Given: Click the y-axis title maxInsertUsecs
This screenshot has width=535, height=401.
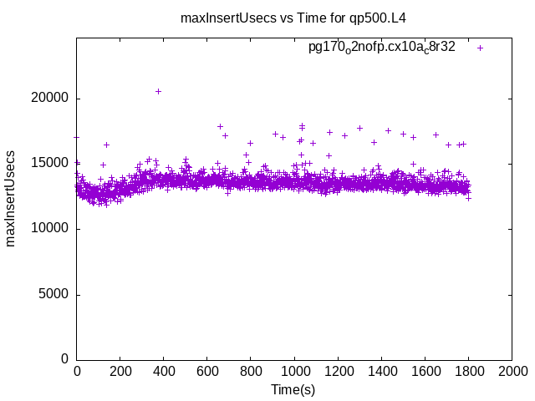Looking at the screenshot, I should [x=12, y=198].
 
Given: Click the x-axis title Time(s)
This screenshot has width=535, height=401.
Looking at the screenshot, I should [x=293, y=389].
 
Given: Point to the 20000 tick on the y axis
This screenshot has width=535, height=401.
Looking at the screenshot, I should [x=52, y=99].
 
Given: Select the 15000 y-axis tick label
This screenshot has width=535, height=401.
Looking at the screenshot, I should [x=52, y=164].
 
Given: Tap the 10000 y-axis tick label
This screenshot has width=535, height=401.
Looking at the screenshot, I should [x=52, y=229].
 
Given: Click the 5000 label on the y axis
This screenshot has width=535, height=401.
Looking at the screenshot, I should [x=55, y=294].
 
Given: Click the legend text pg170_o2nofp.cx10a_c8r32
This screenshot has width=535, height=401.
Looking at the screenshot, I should [x=382, y=48].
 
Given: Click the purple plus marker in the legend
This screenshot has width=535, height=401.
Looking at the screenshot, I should [x=481, y=48].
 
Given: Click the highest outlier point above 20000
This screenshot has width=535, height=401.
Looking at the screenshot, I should [x=158, y=91].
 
